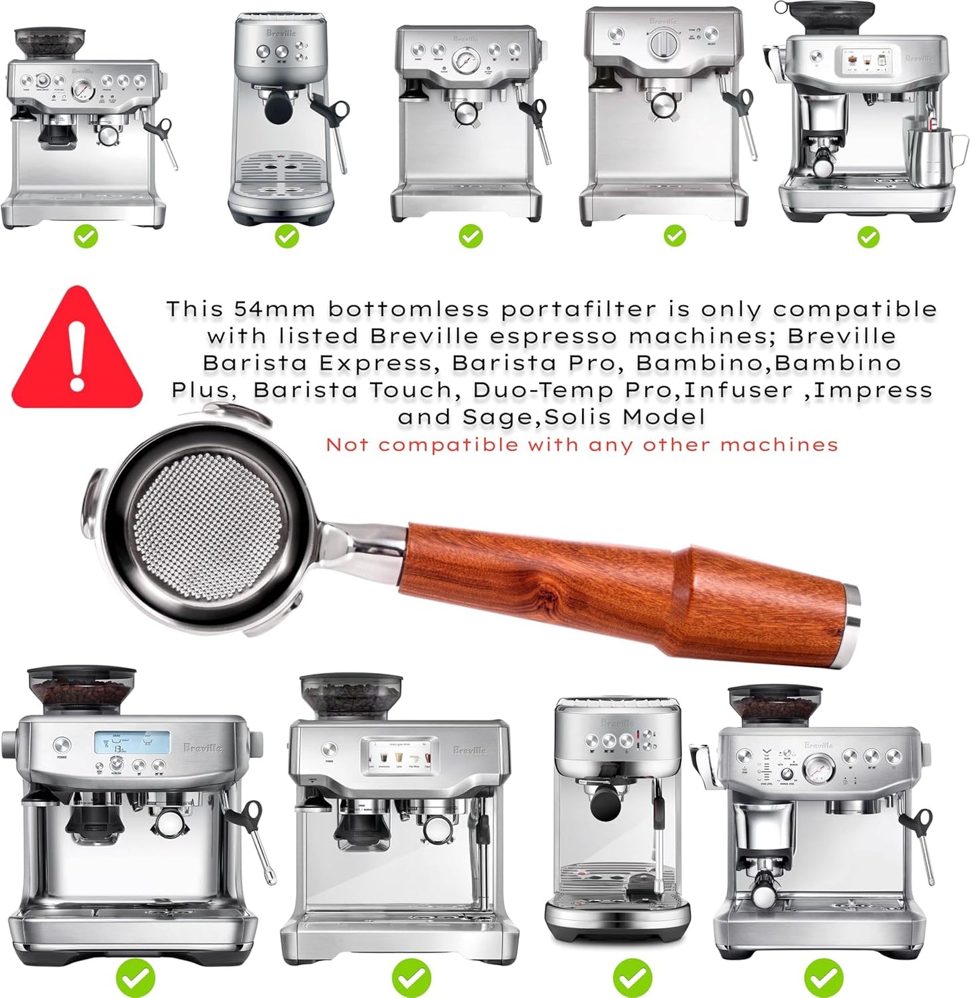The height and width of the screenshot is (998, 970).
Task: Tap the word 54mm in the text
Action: [x=275, y=309]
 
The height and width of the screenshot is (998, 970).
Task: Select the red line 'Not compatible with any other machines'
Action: [x=581, y=445]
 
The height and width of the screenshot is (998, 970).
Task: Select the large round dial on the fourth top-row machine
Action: [x=663, y=43]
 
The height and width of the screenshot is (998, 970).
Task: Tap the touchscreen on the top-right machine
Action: [x=865, y=62]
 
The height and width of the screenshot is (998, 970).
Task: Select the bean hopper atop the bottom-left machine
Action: [x=81, y=690]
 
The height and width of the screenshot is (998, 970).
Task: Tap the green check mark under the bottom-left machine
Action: [x=135, y=978]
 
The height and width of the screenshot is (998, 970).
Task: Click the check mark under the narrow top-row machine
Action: [x=287, y=236]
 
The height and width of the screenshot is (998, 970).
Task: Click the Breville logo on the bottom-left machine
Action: [x=203, y=748]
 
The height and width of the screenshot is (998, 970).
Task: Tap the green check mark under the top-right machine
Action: [x=868, y=236]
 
